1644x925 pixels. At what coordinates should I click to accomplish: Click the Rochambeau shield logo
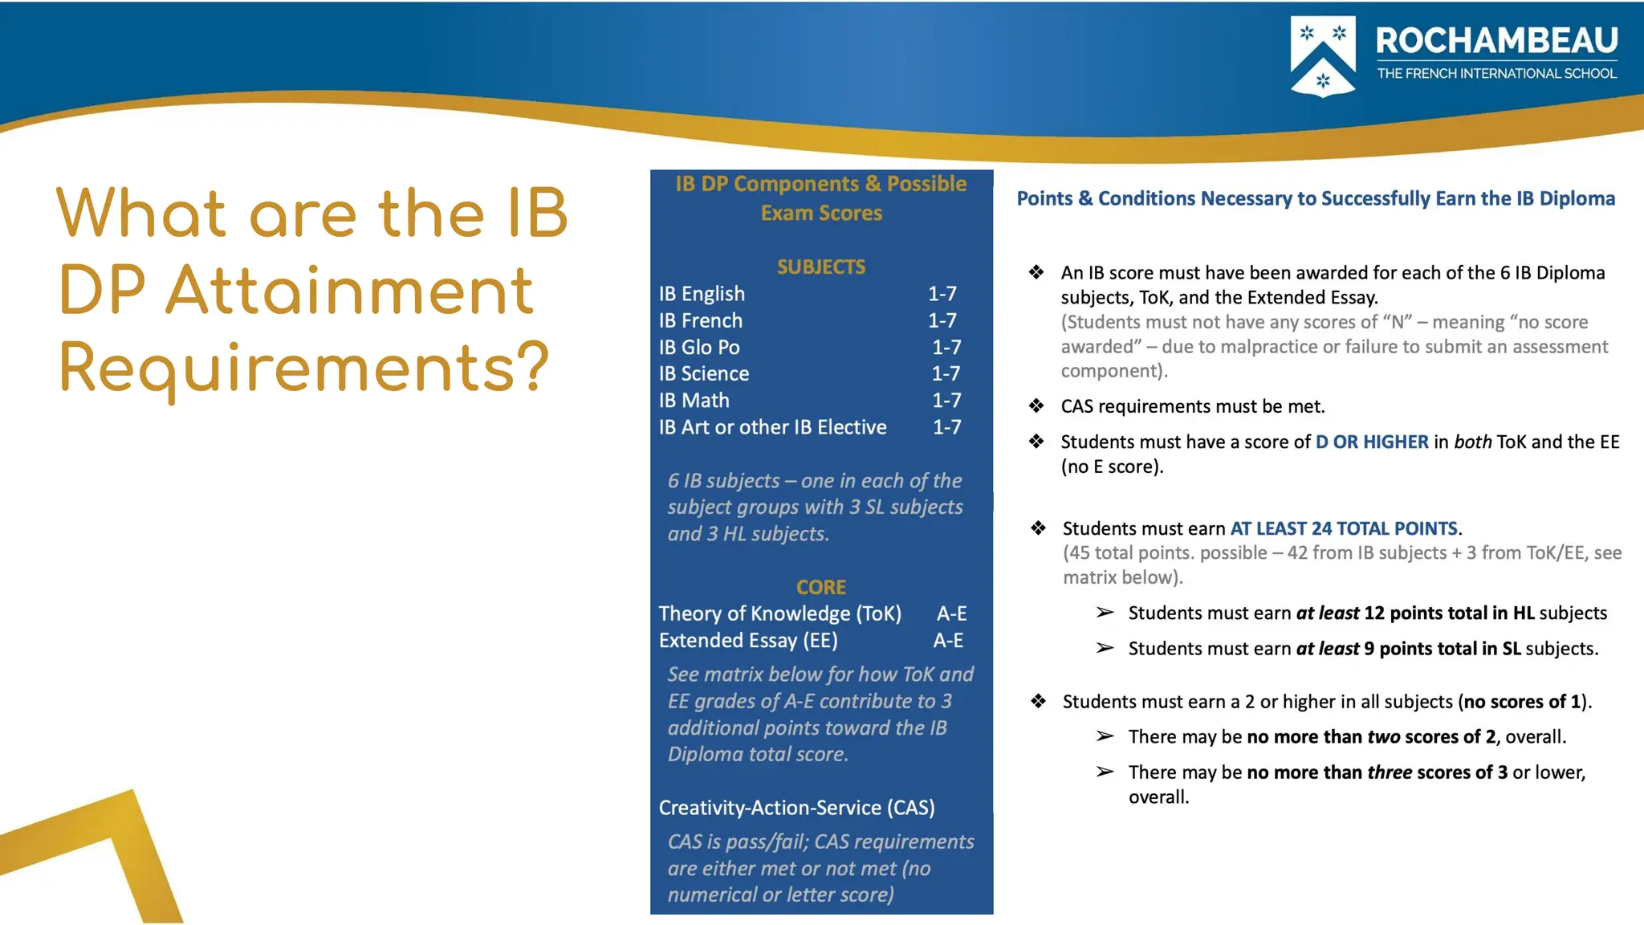pyautogui.click(x=1322, y=55)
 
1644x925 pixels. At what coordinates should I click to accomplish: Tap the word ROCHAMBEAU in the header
pyautogui.click(x=1496, y=41)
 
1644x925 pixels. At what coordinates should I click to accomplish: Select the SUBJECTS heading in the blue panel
pyautogui.click(x=820, y=267)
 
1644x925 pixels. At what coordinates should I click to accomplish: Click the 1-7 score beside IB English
pyautogui.click(x=942, y=294)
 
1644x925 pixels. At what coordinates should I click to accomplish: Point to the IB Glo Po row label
pyautogui.click(x=699, y=347)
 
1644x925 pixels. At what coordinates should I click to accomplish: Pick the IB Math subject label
pyautogui.click(x=694, y=400)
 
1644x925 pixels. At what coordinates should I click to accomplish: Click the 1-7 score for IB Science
pyautogui.click(x=946, y=373)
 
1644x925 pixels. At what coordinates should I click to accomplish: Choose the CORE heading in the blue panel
pyautogui.click(x=820, y=587)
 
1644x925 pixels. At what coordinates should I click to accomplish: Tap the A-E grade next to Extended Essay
pyautogui.click(x=948, y=640)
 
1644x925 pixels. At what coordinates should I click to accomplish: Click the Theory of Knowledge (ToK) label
pyautogui.click(x=779, y=613)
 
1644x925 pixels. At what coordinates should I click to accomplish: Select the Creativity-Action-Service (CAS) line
pyautogui.click(x=796, y=807)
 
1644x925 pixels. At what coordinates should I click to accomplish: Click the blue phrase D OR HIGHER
pyautogui.click(x=1372, y=442)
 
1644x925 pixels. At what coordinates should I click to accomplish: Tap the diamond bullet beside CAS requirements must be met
pyautogui.click(x=1036, y=406)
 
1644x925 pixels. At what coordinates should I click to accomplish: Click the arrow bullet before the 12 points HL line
pyautogui.click(x=1105, y=613)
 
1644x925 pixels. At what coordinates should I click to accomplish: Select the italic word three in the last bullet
pyautogui.click(x=1390, y=772)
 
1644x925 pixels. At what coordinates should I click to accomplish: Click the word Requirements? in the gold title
pyautogui.click(x=304, y=368)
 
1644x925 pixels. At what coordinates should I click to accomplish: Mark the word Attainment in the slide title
pyautogui.click(x=349, y=290)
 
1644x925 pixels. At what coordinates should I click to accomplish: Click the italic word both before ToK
pyautogui.click(x=1472, y=442)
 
